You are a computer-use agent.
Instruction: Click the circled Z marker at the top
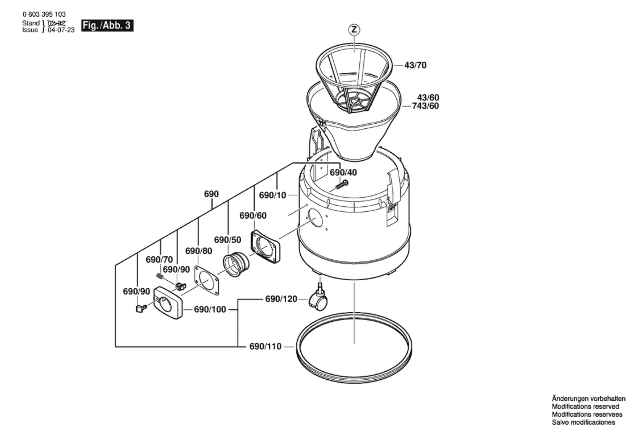coord(354,30)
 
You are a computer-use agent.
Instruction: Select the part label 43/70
coord(415,65)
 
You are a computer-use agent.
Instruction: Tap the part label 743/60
coord(425,106)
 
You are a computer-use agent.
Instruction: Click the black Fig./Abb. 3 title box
coord(107,26)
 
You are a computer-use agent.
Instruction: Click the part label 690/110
coord(265,346)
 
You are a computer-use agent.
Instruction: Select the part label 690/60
coord(253,216)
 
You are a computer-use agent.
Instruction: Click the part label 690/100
coord(210,309)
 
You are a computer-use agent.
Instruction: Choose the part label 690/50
coord(228,240)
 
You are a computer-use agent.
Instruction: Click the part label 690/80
coord(199,251)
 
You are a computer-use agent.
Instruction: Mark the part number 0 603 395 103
coord(44,14)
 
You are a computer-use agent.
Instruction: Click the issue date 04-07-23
coord(61,30)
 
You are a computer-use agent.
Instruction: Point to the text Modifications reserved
coord(585,406)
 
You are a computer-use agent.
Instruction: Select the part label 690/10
coord(273,195)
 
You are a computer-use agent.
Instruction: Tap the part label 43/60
coord(428,97)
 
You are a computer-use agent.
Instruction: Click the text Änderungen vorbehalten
coord(588,399)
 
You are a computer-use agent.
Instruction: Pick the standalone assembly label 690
coord(211,194)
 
